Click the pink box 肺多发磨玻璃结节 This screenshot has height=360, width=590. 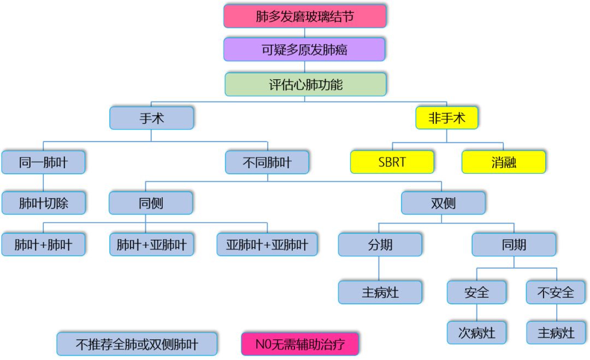click(x=305, y=16)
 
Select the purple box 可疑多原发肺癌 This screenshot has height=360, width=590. click(x=304, y=50)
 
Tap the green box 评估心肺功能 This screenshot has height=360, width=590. click(x=305, y=85)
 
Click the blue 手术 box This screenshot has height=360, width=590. click(x=151, y=118)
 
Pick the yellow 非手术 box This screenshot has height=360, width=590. click(x=446, y=118)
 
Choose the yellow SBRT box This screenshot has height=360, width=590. click(x=392, y=162)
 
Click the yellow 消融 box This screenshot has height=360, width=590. click(x=503, y=162)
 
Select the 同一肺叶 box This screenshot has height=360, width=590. click(x=43, y=162)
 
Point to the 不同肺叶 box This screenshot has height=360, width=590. click(x=267, y=162)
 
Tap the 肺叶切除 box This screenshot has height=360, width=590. click(x=43, y=203)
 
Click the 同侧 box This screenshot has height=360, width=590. click(x=151, y=203)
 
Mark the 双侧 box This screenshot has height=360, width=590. click(x=443, y=203)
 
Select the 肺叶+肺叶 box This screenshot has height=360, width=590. click(x=43, y=245)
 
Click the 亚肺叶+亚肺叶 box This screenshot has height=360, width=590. click(x=267, y=245)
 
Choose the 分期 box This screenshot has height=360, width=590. click(x=380, y=245)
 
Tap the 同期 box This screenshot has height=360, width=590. click(x=514, y=245)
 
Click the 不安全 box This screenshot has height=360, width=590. click(x=556, y=292)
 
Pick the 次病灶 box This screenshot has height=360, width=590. click(x=476, y=332)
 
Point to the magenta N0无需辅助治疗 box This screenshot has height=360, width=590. click(x=300, y=344)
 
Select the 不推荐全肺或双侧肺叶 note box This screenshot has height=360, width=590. click(x=137, y=344)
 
